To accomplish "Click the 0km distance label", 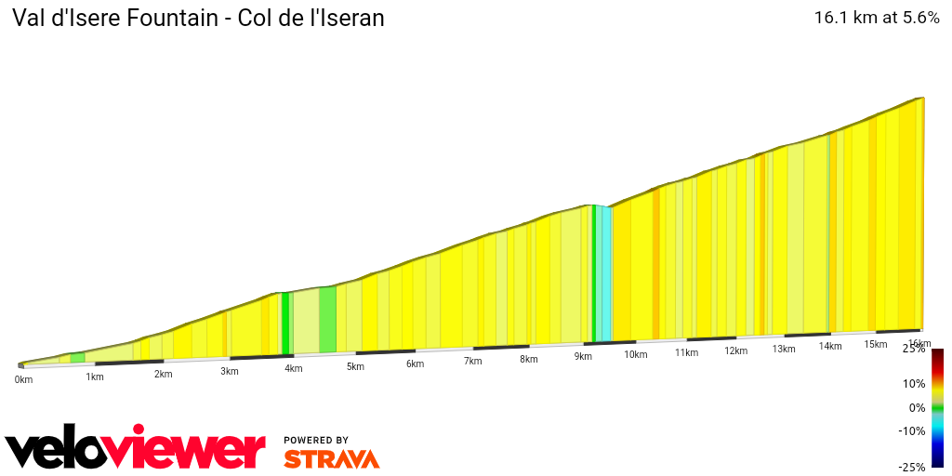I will click(x=23, y=379).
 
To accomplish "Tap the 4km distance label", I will click(x=294, y=369).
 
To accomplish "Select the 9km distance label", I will click(x=583, y=357).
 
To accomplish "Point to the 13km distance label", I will click(x=784, y=350).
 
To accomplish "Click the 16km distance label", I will click(x=919, y=344).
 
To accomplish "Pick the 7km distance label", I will click(x=472, y=362).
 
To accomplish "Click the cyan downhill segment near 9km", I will click(x=605, y=273).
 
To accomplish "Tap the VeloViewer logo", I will click(x=136, y=451).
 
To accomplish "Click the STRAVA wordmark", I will click(x=331, y=459).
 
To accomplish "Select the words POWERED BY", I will click(x=316, y=441).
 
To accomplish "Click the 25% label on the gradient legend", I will click(x=915, y=349).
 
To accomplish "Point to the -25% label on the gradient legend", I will click(x=912, y=468).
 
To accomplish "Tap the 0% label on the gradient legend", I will click(x=917, y=408).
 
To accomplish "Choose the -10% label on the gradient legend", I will click(x=913, y=431).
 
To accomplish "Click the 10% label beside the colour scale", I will click(x=915, y=384).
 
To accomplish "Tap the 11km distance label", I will click(x=686, y=353).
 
